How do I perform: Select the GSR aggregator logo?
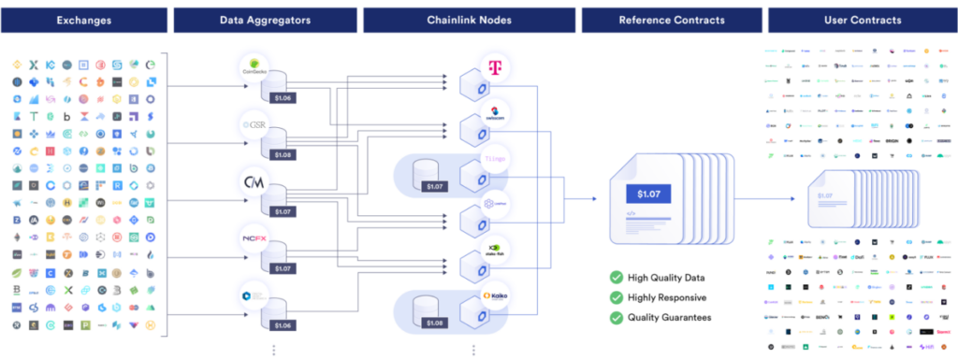click(254, 123)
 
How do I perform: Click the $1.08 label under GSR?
click(282, 154)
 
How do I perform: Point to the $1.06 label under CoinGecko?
click(282, 96)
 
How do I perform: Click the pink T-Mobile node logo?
click(495, 65)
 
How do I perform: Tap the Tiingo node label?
click(495, 159)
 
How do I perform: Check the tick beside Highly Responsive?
click(616, 297)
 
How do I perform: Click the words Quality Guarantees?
click(670, 317)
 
